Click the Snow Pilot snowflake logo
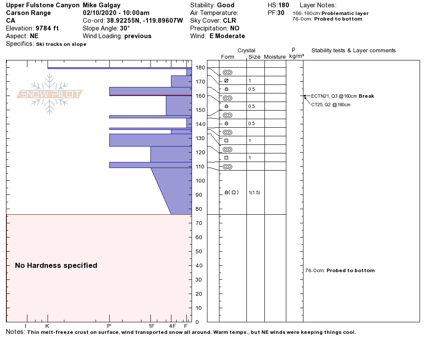point(50,94)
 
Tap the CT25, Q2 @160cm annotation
point(330,105)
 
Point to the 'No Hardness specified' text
point(56,266)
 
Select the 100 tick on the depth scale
point(200,181)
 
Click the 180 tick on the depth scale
point(200,68)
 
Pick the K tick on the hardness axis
point(48,326)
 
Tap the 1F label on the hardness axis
point(151,326)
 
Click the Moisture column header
point(275,57)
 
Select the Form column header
point(228,57)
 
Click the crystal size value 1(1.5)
point(254,193)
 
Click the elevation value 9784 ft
point(47,28)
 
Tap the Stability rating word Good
point(225,6)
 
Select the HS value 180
point(283,6)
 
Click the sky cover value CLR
point(229,21)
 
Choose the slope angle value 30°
point(125,28)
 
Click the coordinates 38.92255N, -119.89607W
point(144,21)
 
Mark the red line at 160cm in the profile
point(150,95)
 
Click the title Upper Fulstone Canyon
point(43,6)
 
